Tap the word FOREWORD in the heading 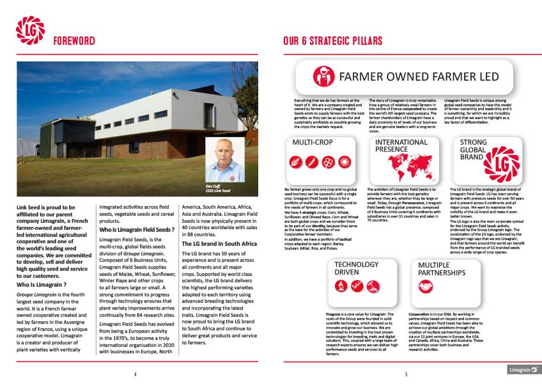tap(74, 41)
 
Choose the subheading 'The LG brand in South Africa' tap(219, 244)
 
